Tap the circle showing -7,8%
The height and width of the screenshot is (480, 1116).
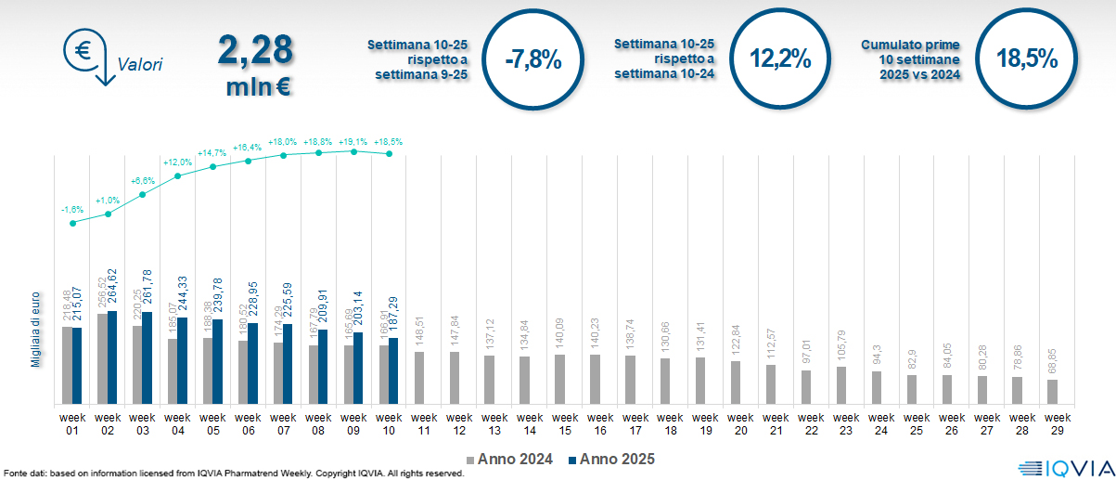533,59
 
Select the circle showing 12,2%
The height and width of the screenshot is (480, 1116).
780,59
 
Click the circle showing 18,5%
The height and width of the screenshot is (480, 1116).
1027,59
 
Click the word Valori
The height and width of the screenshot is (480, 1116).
140,65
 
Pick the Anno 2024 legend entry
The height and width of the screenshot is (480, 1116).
509,459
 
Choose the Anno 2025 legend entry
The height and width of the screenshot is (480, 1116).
611,459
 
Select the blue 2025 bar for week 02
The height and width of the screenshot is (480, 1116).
112,357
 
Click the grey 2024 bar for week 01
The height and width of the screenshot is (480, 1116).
67,365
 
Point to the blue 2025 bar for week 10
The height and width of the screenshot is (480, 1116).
393,370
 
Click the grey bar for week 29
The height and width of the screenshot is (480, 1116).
1052,392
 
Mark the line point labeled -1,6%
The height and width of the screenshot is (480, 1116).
73,222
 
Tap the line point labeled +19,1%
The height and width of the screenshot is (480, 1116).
354,150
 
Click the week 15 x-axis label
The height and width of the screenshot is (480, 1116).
559,423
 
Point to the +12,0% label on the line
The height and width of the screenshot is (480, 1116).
177,162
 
